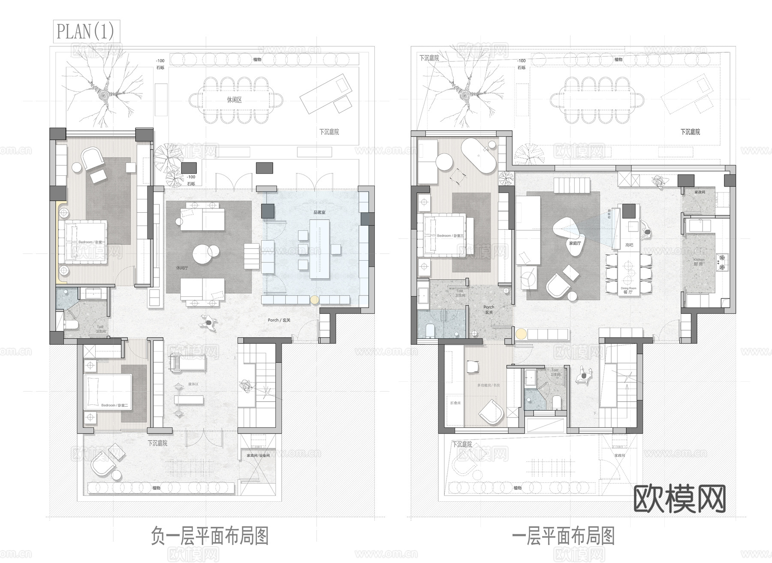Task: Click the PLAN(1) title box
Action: pyautogui.click(x=86, y=31)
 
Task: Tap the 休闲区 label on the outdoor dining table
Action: pyautogui.click(x=234, y=100)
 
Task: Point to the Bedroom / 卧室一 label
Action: pyautogui.click(x=90, y=242)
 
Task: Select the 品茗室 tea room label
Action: pyautogui.click(x=320, y=212)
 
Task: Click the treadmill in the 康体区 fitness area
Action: pyautogui.click(x=187, y=362)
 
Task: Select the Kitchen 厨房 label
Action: pyautogui.click(x=699, y=262)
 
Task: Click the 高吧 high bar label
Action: pyautogui.click(x=629, y=245)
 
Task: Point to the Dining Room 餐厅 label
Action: pyautogui.click(x=628, y=290)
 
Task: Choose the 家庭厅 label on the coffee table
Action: pyautogui.click(x=575, y=243)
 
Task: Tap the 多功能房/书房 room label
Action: pyautogui.click(x=489, y=385)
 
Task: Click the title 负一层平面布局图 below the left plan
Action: pyautogui.click(x=210, y=536)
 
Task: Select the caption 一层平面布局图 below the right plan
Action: pyautogui.click(x=564, y=536)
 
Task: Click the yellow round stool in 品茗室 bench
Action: pyautogui.click(x=314, y=300)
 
